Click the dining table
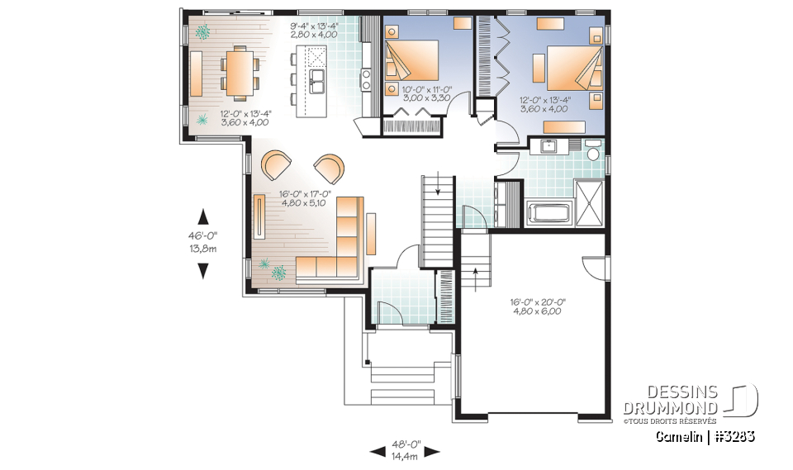(x=239, y=72)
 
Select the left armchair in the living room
(x=276, y=164)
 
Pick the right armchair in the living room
(x=330, y=168)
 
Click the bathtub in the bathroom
(x=548, y=214)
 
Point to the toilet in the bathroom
(x=591, y=154)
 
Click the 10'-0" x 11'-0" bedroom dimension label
(x=427, y=93)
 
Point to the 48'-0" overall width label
(x=404, y=449)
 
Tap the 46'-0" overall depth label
(x=203, y=242)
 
